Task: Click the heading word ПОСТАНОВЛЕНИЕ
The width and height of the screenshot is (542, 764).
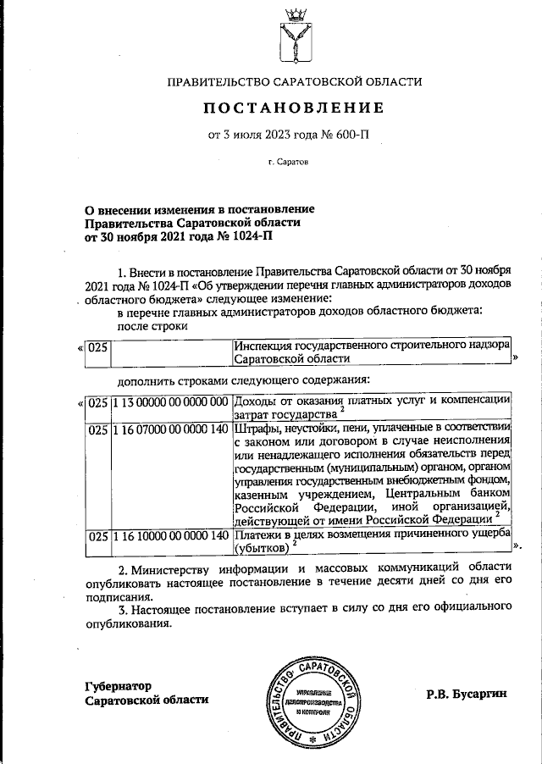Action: (292, 108)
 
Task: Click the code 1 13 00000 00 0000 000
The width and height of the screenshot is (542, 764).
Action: (171, 401)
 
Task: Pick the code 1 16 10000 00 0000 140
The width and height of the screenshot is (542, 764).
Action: (171, 535)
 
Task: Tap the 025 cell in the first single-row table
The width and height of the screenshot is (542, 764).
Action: (99, 346)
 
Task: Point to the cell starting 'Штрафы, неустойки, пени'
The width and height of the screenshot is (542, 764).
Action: (371, 474)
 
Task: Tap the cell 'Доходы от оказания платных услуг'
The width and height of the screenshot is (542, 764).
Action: (371, 407)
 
